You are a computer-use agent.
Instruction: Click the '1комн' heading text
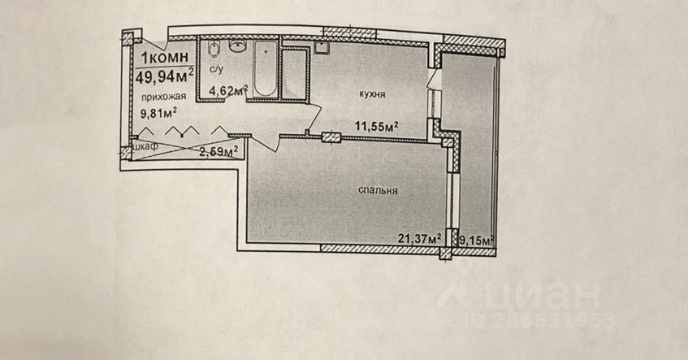(x=167, y=58)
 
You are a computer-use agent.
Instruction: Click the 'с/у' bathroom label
(x=215, y=70)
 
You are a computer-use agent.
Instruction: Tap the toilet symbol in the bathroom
(x=213, y=50)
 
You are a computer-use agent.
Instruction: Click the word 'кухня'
(x=371, y=95)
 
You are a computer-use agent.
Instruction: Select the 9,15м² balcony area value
(x=477, y=240)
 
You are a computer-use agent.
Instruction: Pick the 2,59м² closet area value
(x=219, y=150)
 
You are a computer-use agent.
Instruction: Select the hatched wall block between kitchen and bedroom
(x=331, y=137)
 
